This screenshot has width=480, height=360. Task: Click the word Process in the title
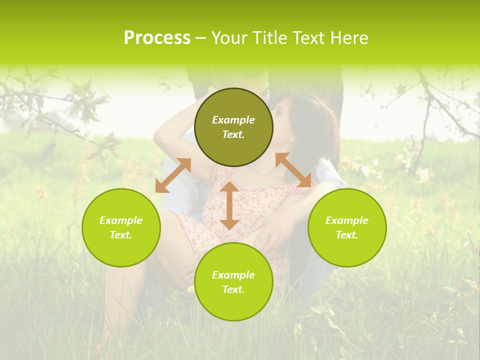[x=157, y=38]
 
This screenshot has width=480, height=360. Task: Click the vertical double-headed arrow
[x=229, y=205]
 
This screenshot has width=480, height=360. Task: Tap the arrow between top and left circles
[x=173, y=175]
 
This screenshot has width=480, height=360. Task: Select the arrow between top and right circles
[x=293, y=170]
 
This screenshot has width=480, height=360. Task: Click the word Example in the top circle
[x=233, y=120]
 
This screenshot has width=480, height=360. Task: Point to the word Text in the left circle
[x=121, y=235]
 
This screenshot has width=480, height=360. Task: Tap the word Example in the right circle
[x=347, y=220]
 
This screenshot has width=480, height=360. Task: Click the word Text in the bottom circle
[x=233, y=289]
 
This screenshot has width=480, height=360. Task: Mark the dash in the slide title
[x=201, y=38]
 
